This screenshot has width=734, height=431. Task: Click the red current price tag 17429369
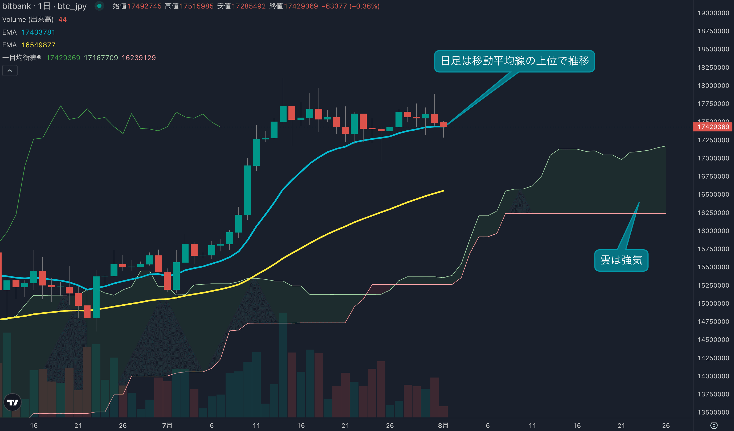(713, 127)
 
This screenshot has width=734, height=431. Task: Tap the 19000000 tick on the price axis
(713, 13)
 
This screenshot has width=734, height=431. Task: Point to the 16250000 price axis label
(713, 213)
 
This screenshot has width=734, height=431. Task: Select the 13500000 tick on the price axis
(713, 412)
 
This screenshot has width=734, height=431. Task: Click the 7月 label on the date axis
(167, 425)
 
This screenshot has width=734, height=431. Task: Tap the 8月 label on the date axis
(443, 425)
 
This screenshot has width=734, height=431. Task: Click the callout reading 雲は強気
(621, 260)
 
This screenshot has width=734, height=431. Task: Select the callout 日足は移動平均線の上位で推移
(514, 61)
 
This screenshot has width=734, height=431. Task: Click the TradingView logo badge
(13, 402)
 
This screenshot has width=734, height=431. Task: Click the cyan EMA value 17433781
(38, 32)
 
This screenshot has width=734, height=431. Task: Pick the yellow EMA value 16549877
(38, 45)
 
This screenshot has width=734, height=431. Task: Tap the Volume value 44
(62, 19)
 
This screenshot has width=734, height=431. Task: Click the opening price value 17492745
(144, 6)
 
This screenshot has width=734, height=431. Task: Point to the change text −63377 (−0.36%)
(350, 6)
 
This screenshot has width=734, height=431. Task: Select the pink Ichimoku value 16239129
(139, 58)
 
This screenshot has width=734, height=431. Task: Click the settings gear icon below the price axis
(713, 425)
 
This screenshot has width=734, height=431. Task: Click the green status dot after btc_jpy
(99, 6)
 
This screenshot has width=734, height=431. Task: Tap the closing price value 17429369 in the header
(301, 6)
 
